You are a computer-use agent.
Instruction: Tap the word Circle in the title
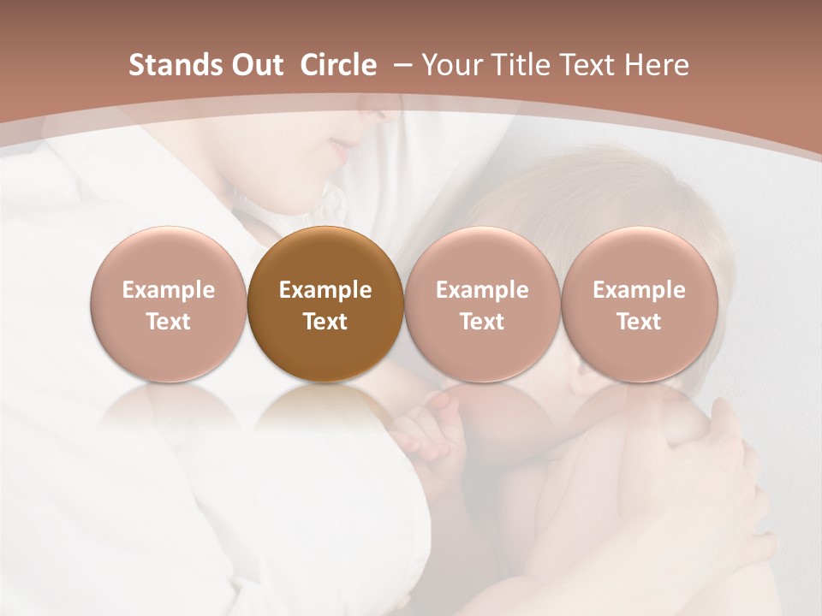[x=338, y=65]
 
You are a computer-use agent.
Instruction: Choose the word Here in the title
[x=657, y=65]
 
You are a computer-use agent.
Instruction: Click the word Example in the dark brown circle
[x=325, y=290]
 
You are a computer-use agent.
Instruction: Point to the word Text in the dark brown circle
[x=325, y=322]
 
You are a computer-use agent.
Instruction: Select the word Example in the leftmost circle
[x=169, y=290]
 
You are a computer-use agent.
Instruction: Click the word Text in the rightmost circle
[x=639, y=322]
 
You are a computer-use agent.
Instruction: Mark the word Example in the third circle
[x=482, y=290]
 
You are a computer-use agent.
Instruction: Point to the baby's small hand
[x=432, y=428]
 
